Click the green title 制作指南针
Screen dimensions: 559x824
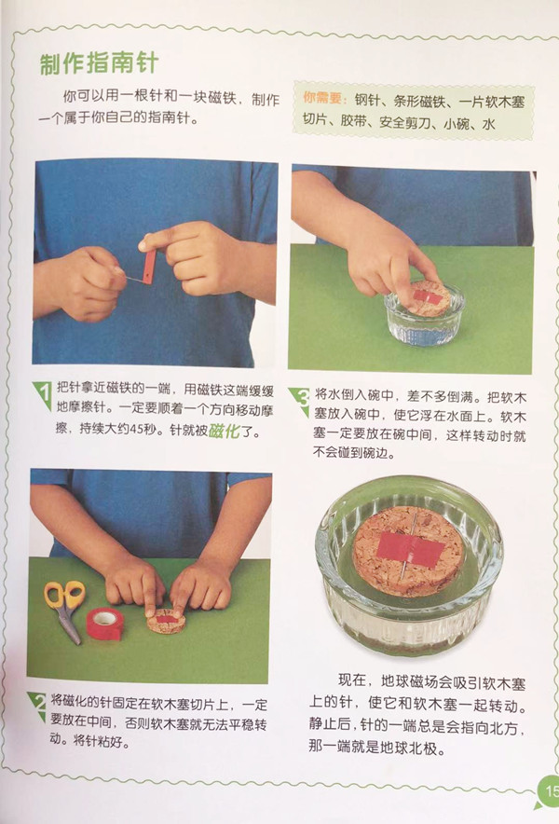pyautogui.click(x=99, y=63)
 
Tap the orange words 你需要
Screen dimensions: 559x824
pyautogui.click(x=321, y=98)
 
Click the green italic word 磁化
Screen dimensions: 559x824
pyautogui.click(x=224, y=432)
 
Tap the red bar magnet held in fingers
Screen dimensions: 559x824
pyautogui.click(x=150, y=267)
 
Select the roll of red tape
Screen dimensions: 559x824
pyautogui.click(x=105, y=624)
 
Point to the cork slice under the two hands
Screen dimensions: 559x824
pyautogui.click(x=167, y=622)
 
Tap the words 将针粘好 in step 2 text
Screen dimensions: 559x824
pyautogui.click(x=101, y=741)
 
